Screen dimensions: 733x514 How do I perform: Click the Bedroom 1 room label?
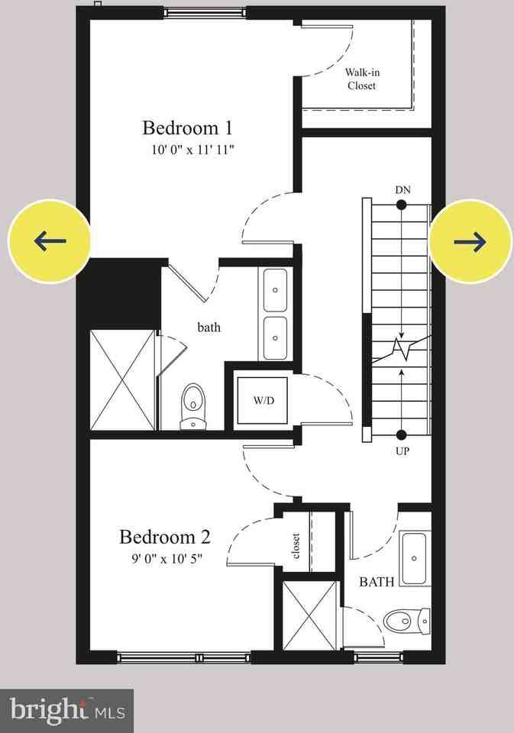click(x=187, y=127)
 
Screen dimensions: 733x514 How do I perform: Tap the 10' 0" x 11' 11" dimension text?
click(x=192, y=150)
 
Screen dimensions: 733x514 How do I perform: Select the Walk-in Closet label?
click(x=361, y=79)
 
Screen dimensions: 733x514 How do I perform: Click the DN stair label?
click(x=402, y=189)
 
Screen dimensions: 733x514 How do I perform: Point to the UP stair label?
click(x=402, y=451)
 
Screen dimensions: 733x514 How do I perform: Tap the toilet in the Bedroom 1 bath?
click(x=193, y=406)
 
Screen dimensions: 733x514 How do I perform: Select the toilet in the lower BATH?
click(x=399, y=621)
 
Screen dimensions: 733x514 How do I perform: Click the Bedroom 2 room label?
click(x=164, y=537)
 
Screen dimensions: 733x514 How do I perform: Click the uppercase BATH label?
click(x=377, y=582)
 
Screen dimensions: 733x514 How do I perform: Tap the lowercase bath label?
click(x=209, y=328)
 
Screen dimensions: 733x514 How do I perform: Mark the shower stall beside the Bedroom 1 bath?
click(x=123, y=380)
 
